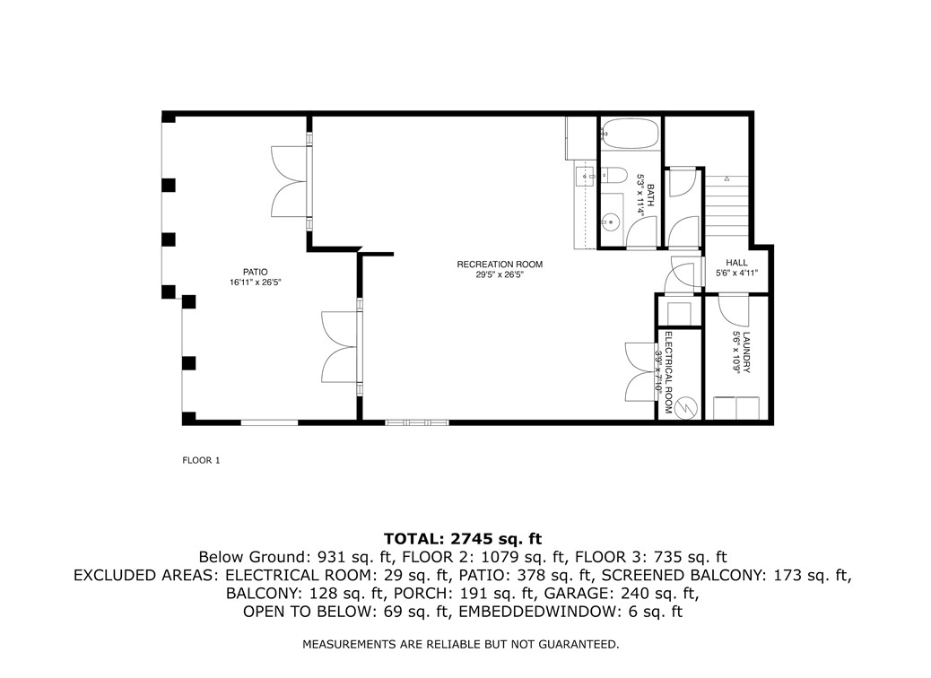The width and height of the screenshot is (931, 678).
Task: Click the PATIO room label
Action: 255,272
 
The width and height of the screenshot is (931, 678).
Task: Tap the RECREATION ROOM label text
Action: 500,265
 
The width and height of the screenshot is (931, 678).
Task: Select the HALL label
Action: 737,264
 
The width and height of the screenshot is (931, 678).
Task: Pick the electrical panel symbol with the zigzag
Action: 686,406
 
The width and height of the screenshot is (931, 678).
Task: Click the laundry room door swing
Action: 735,310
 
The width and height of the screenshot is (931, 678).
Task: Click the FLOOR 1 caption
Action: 201,461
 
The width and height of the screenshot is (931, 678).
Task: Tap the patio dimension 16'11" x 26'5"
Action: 255,283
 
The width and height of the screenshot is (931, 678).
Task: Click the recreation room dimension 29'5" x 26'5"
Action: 499,275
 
